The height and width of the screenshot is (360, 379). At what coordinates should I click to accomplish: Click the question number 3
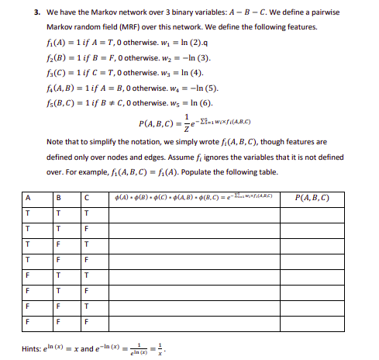pyautogui.click(x=38, y=13)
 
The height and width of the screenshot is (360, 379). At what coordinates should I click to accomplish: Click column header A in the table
pyautogui.click(x=28, y=176)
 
